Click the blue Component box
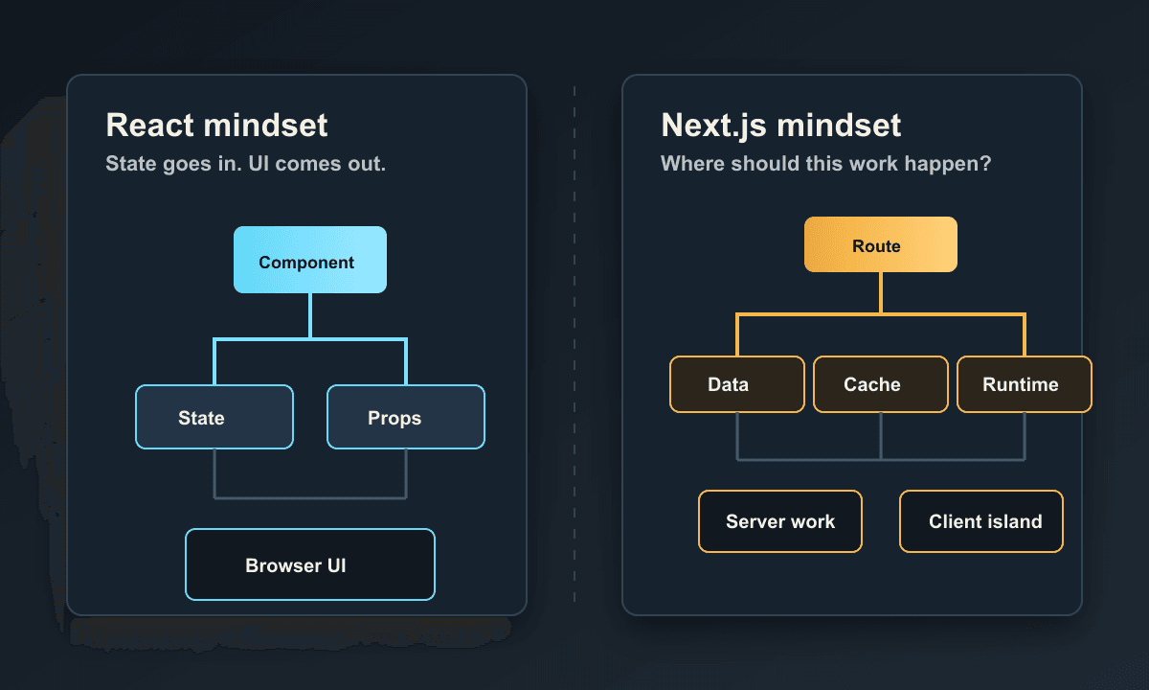310,260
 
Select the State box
214,417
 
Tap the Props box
406,417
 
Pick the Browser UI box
310,564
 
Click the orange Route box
880,244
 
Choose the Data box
737,384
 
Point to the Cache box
881,384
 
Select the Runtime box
1025,384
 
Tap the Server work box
780,521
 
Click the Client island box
981,521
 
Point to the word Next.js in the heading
714,126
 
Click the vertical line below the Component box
310,315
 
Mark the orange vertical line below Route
881,292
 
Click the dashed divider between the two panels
574,344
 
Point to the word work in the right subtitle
871,164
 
